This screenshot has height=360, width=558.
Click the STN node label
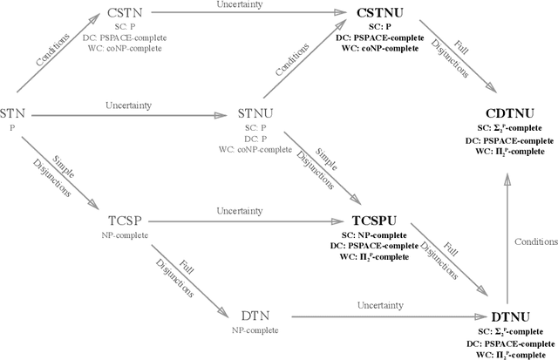(12, 113)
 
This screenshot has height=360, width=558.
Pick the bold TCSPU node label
(378, 221)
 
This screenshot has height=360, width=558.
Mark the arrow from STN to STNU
(131, 113)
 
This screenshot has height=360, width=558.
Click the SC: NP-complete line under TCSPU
(378, 235)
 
